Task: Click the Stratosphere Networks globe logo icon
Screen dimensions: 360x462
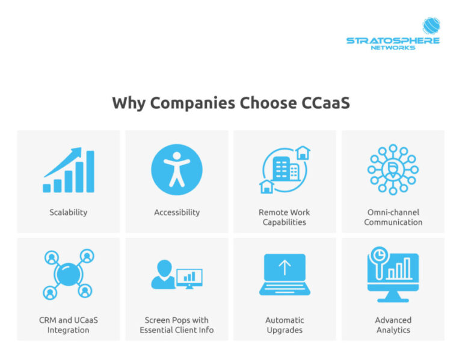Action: pos(431,26)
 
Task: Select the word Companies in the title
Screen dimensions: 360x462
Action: pos(192,103)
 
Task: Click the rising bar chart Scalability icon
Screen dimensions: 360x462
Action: pos(69,171)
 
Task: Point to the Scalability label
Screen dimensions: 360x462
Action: pos(69,212)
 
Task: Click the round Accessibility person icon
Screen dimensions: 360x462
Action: pos(177,169)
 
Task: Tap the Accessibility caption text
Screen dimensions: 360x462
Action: pos(177,212)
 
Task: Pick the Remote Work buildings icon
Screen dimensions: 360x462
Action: pos(285,169)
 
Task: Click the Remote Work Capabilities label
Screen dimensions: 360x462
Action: pos(285,217)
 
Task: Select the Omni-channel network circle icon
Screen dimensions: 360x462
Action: pos(393,169)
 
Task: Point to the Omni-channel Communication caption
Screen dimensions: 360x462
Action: pos(393,217)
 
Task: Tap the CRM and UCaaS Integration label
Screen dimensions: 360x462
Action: pos(69,325)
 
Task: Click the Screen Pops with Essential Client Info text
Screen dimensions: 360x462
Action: pos(177,325)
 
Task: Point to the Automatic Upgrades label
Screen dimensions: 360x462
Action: pos(285,325)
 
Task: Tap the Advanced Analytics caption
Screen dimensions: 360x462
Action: pos(393,325)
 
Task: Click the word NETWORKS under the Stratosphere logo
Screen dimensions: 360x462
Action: pos(393,47)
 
